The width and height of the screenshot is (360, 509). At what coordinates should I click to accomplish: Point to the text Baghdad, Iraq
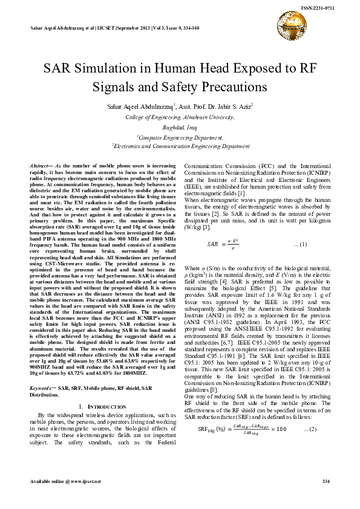(x=180, y=128)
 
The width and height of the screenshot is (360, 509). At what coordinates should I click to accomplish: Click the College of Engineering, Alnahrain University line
(x=180, y=117)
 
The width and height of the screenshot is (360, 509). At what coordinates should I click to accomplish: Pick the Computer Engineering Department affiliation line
(x=180, y=138)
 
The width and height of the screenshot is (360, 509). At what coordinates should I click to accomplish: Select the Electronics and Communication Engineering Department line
(x=180, y=146)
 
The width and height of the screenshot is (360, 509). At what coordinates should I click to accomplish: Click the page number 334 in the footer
(x=326, y=498)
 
